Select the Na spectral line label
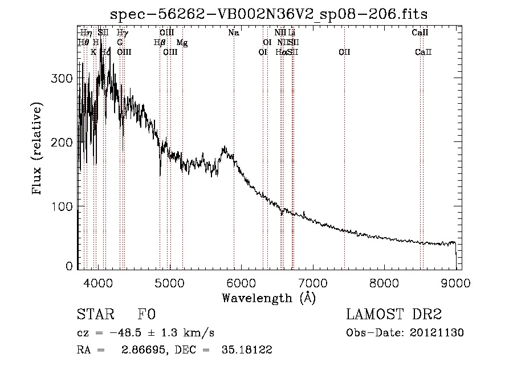pos(233,33)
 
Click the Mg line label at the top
pos(182,43)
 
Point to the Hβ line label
pos(160,43)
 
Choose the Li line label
pos(292,33)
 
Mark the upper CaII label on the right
pos(420,33)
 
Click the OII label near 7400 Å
pos(344,52)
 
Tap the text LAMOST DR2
pos(394,315)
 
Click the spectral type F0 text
pos(146,315)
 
